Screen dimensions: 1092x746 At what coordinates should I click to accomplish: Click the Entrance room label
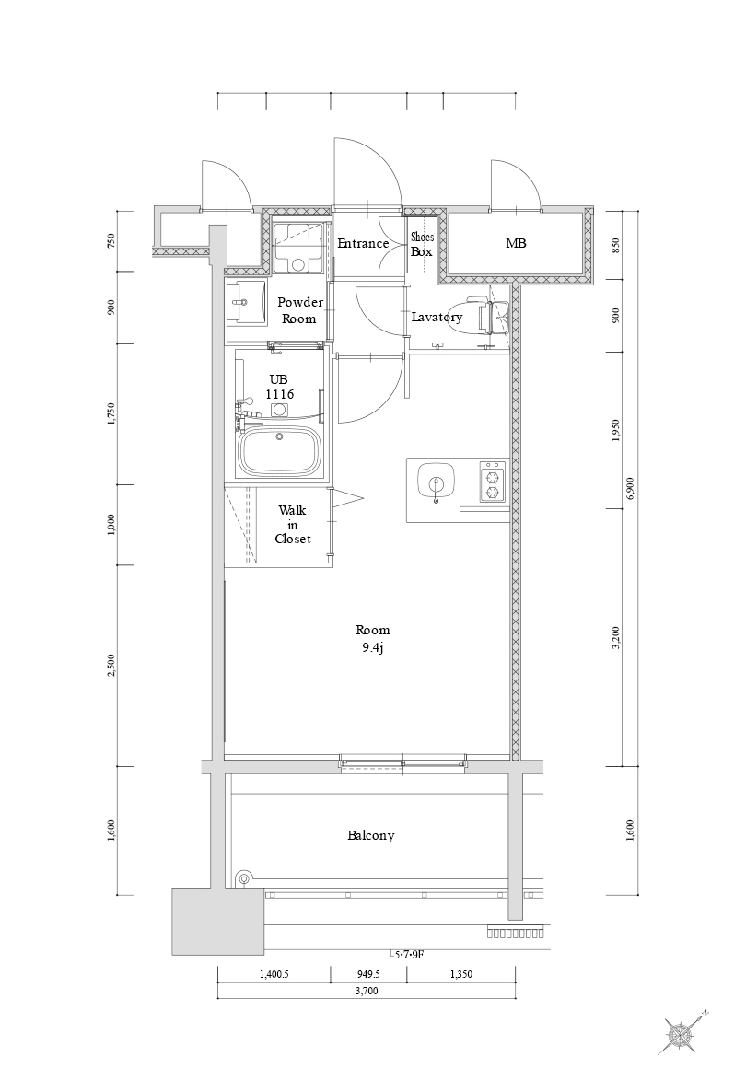[x=363, y=243]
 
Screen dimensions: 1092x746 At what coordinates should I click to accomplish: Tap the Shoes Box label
[x=422, y=244]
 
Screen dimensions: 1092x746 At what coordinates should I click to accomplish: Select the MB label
[x=516, y=243]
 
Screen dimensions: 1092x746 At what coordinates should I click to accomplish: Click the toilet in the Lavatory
[x=483, y=316]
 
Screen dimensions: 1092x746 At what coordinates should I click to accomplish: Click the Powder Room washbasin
[x=246, y=304]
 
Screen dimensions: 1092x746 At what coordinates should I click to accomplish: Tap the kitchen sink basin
[x=435, y=482]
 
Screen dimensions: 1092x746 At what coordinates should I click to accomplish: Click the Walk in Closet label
[x=293, y=524]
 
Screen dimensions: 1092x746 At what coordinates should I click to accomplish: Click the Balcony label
[x=371, y=835]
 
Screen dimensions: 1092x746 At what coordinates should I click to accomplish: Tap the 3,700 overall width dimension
[x=366, y=991]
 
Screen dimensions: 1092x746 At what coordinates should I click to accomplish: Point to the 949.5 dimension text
[x=367, y=972]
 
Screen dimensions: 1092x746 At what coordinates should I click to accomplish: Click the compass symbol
[x=682, y=1035]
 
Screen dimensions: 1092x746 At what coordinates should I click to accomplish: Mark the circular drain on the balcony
[x=243, y=879]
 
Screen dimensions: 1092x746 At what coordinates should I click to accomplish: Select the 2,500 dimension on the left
[x=111, y=665]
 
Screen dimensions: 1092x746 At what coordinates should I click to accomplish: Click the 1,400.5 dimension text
[x=274, y=972]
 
